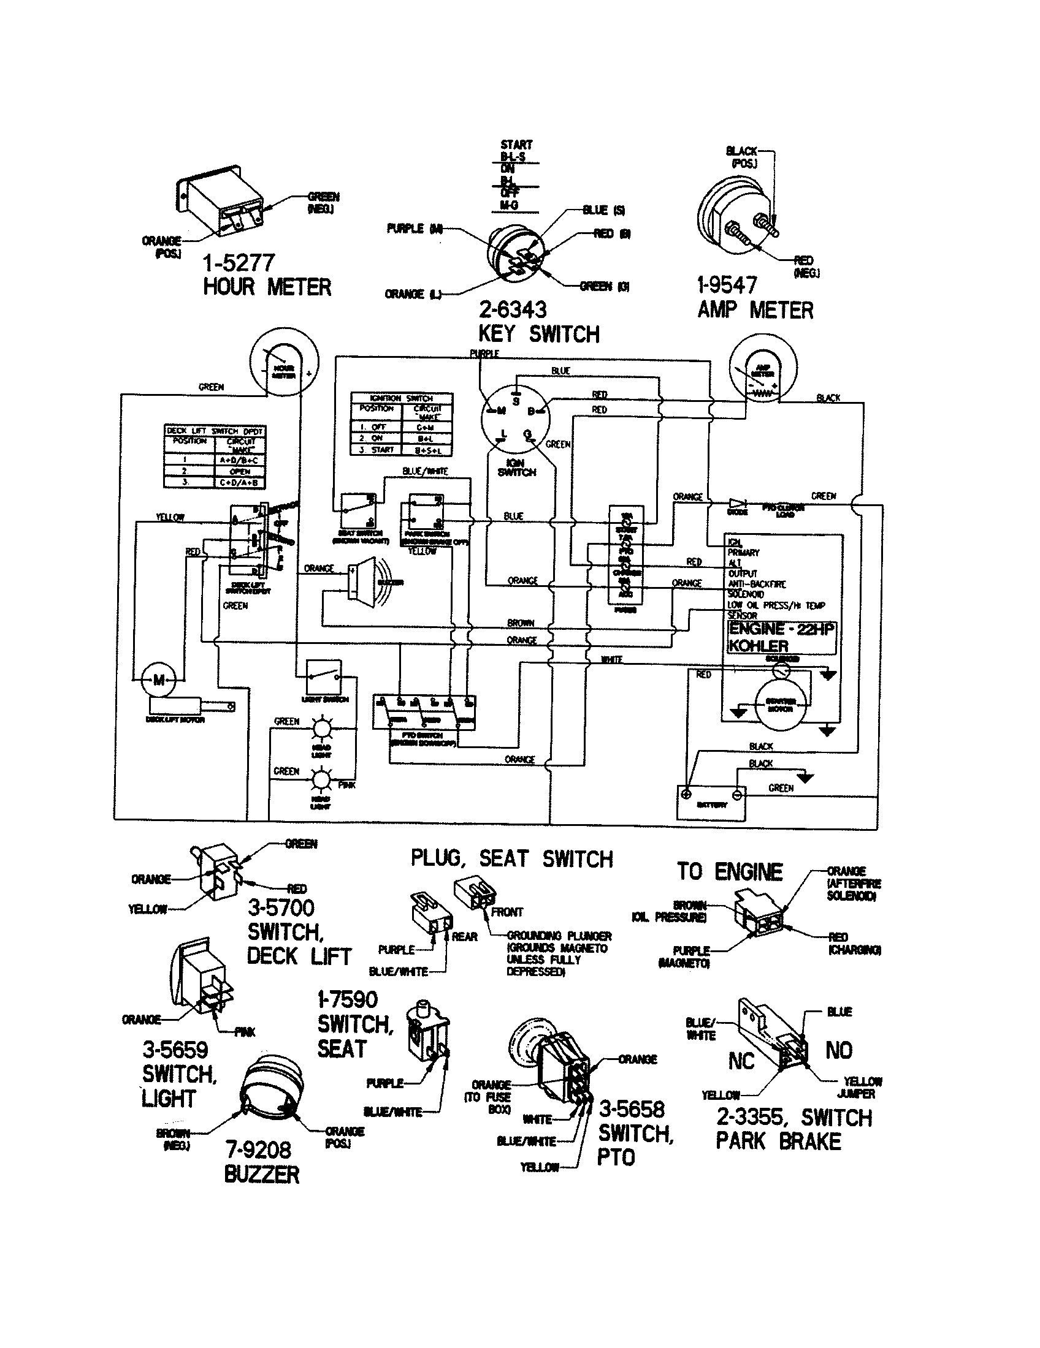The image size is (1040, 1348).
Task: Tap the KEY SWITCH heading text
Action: (538, 334)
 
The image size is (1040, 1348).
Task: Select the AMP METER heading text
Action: (755, 310)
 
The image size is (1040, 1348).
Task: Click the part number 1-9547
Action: (727, 285)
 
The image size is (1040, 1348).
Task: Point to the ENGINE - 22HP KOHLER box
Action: (782, 638)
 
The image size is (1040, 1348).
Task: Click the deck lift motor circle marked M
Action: (159, 680)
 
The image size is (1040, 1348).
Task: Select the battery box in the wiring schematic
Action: (711, 803)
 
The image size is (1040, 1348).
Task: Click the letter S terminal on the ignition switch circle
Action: (516, 401)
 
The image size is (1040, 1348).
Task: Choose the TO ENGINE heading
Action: (729, 871)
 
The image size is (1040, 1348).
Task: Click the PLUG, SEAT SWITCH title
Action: (511, 859)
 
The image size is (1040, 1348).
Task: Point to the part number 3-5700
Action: (281, 908)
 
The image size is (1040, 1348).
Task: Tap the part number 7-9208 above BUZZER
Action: (258, 1150)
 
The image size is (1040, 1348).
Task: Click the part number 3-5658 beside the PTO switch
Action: (631, 1109)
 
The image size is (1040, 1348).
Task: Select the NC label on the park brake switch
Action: (741, 1061)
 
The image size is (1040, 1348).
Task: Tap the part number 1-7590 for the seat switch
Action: (347, 999)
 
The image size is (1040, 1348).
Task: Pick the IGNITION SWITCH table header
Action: (402, 398)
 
